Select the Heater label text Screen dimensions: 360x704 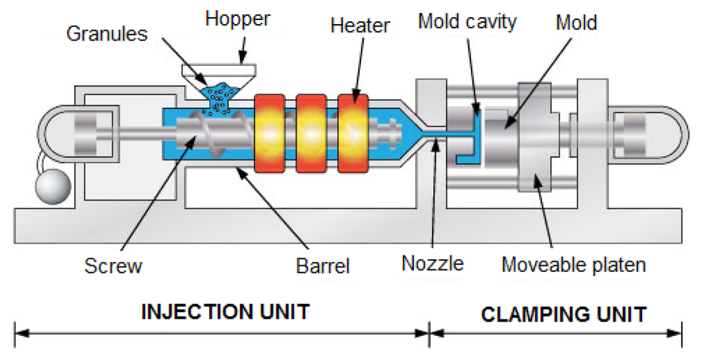pos(360,26)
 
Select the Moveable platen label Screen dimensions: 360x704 pos(573,264)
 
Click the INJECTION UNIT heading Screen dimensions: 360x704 pos(225,311)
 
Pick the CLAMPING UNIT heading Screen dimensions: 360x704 pos(564,315)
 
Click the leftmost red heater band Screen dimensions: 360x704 pos(269,133)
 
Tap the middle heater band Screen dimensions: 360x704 pos(311,133)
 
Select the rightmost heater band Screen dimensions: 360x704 pos(353,133)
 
